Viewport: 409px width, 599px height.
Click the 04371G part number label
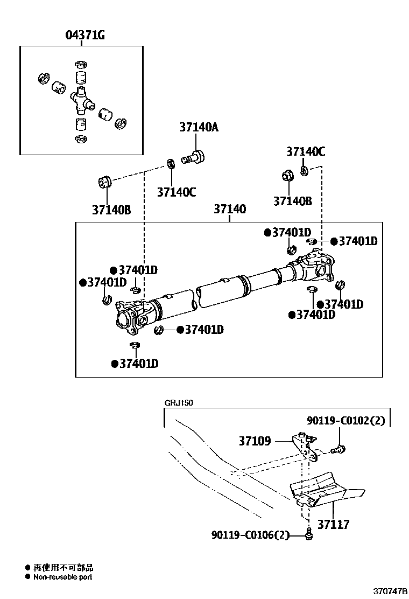84,36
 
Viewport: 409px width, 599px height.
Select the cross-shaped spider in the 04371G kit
81,98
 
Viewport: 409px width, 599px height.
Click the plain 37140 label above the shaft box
230,209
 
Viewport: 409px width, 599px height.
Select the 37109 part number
255,441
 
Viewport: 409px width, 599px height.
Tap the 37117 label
333,524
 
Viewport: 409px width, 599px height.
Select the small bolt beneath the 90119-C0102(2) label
339,448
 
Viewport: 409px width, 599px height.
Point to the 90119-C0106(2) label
250,535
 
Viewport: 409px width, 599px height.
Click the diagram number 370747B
391,591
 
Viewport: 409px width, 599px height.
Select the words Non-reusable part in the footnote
62,577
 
